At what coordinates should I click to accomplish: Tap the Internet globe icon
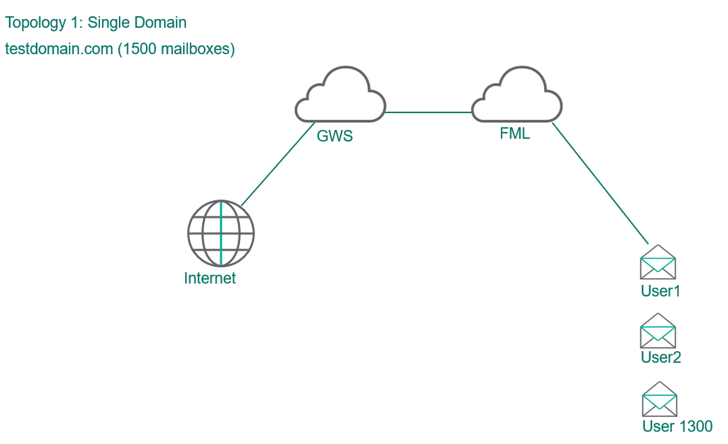tap(221, 234)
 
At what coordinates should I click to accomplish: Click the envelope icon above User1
tap(658, 263)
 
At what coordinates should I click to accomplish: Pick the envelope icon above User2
tap(658, 331)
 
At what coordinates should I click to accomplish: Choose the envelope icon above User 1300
tap(659, 399)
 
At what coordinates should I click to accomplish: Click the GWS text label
tap(335, 136)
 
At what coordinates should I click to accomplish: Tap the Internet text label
tap(210, 278)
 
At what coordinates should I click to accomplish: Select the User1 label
tap(660, 291)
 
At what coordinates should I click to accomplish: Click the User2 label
tap(661, 357)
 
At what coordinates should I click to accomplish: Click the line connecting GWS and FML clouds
tap(429, 112)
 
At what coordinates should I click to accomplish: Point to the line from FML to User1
tap(600, 183)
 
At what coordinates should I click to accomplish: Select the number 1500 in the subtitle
tap(139, 50)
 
